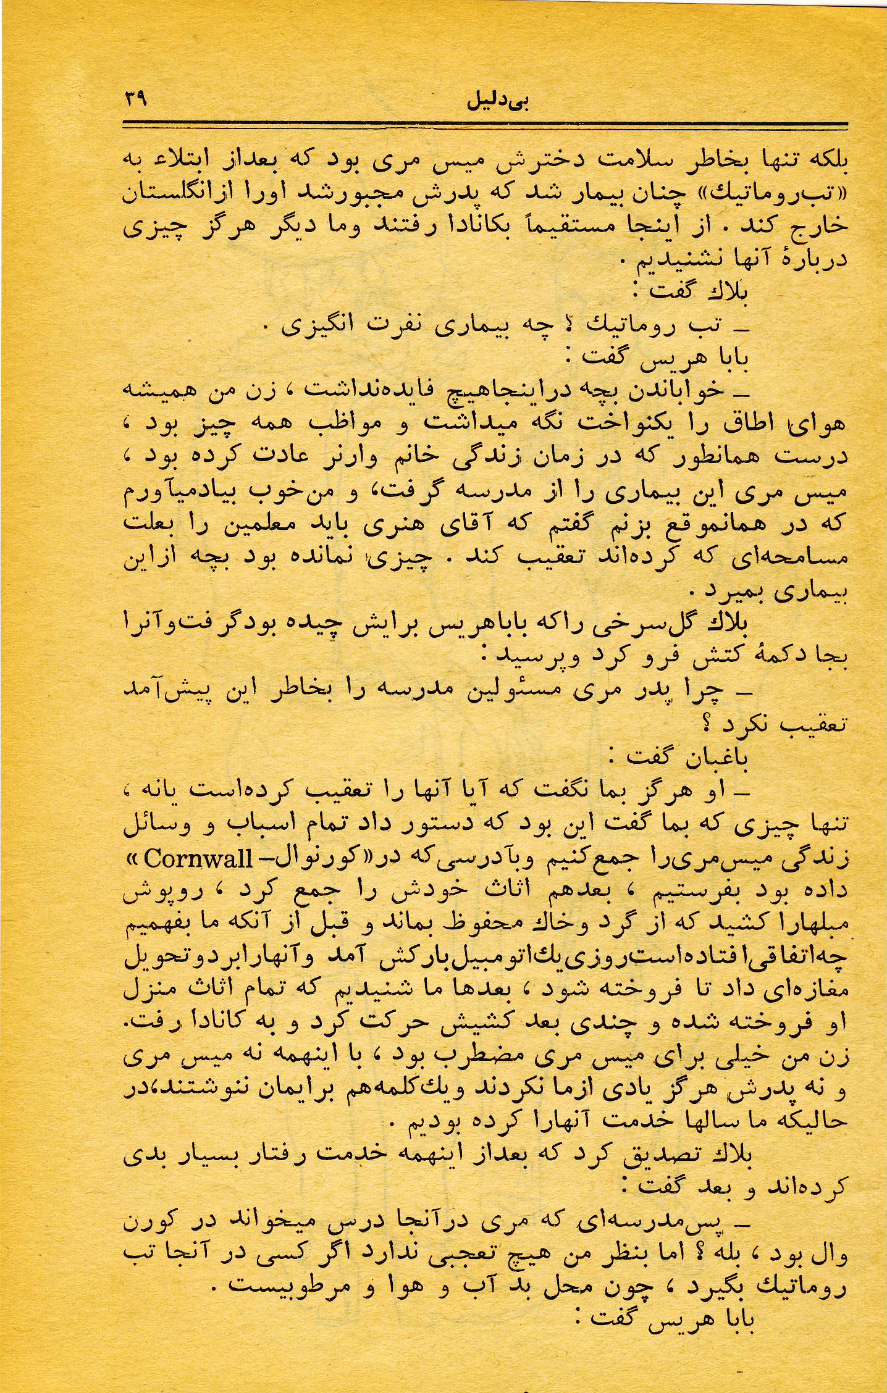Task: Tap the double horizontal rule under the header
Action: click(486, 125)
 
